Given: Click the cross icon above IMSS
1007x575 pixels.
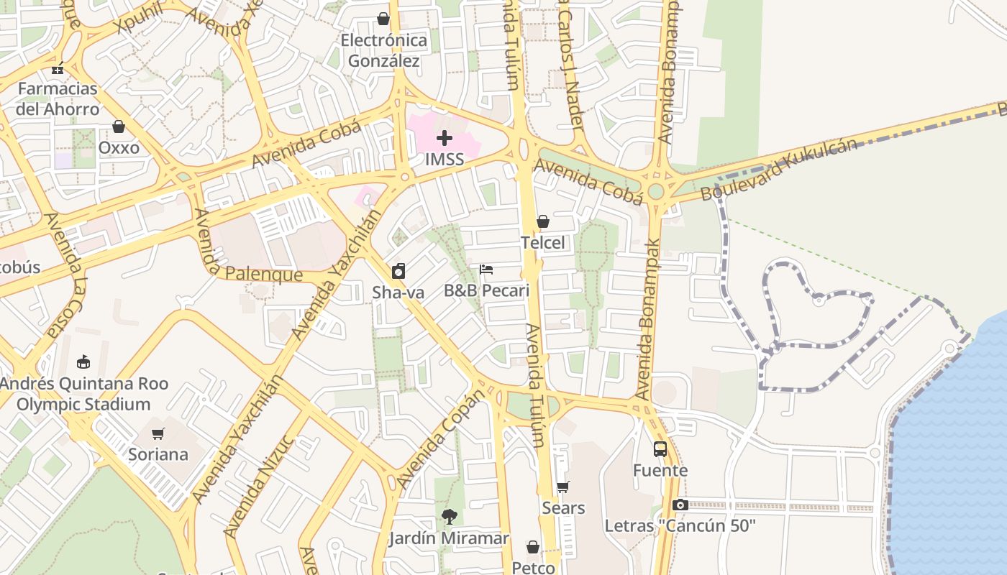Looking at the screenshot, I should tap(445, 138).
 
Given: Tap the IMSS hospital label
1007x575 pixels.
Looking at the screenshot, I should tap(445, 160).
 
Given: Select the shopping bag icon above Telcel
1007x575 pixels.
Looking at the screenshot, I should tap(543, 221).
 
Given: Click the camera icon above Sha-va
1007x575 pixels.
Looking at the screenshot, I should tap(398, 271).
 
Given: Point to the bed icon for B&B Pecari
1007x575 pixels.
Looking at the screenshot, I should tap(486, 270).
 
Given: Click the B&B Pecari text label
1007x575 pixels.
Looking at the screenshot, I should tap(486, 290).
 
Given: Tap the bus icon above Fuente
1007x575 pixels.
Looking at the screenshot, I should tap(660, 449).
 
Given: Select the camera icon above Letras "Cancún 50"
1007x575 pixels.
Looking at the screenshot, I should tap(680, 505).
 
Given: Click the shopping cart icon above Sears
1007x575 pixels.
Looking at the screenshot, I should tap(563, 487).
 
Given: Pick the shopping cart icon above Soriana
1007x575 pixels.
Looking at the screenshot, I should tap(158, 433).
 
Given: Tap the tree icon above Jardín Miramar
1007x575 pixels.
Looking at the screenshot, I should tap(449, 516).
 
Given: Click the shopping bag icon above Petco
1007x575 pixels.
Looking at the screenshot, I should tap(533, 547).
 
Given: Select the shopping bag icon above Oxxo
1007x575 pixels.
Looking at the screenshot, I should tap(119, 126).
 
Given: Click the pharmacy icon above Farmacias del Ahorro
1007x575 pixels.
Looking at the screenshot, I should tap(58, 69).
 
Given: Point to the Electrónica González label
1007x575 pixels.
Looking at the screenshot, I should tap(383, 50).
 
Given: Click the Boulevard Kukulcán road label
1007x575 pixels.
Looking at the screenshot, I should tap(779, 170).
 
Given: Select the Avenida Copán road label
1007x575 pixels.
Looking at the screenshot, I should tap(441, 439).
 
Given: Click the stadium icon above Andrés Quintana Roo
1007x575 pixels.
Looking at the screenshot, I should tap(83, 362).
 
